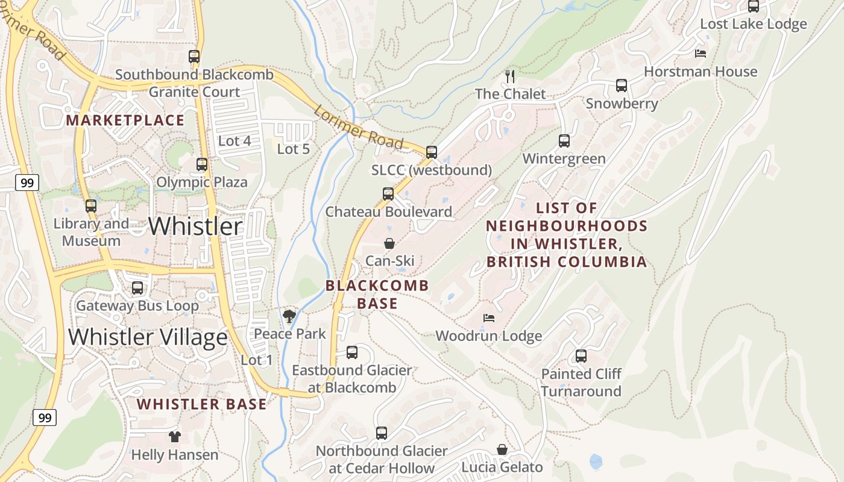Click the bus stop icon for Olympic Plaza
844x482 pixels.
click(202, 164)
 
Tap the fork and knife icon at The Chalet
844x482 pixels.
click(510, 76)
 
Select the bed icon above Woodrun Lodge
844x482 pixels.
click(489, 318)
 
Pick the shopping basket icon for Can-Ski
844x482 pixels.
click(389, 243)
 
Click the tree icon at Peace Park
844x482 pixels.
click(289, 316)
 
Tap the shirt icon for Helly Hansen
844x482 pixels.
click(175, 437)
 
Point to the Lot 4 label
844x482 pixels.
click(234, 141)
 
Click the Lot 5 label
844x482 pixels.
click(293, 149)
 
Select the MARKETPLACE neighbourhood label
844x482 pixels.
click(125, 120)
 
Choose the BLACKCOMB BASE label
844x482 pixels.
click(377, 294)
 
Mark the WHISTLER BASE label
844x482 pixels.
click(201, 404)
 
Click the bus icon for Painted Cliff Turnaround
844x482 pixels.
click(581, 356)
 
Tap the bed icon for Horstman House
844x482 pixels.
click(701, 54)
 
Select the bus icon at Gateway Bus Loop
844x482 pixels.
click(137, 288)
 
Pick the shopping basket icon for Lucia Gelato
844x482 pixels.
click(502, 449)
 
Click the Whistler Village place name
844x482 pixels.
click(148, 337)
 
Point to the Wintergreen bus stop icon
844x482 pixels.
click(564, 141)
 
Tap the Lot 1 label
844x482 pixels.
click(257, 360)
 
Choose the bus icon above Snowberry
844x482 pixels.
click(622, 86)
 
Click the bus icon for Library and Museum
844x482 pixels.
click(91, 206)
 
